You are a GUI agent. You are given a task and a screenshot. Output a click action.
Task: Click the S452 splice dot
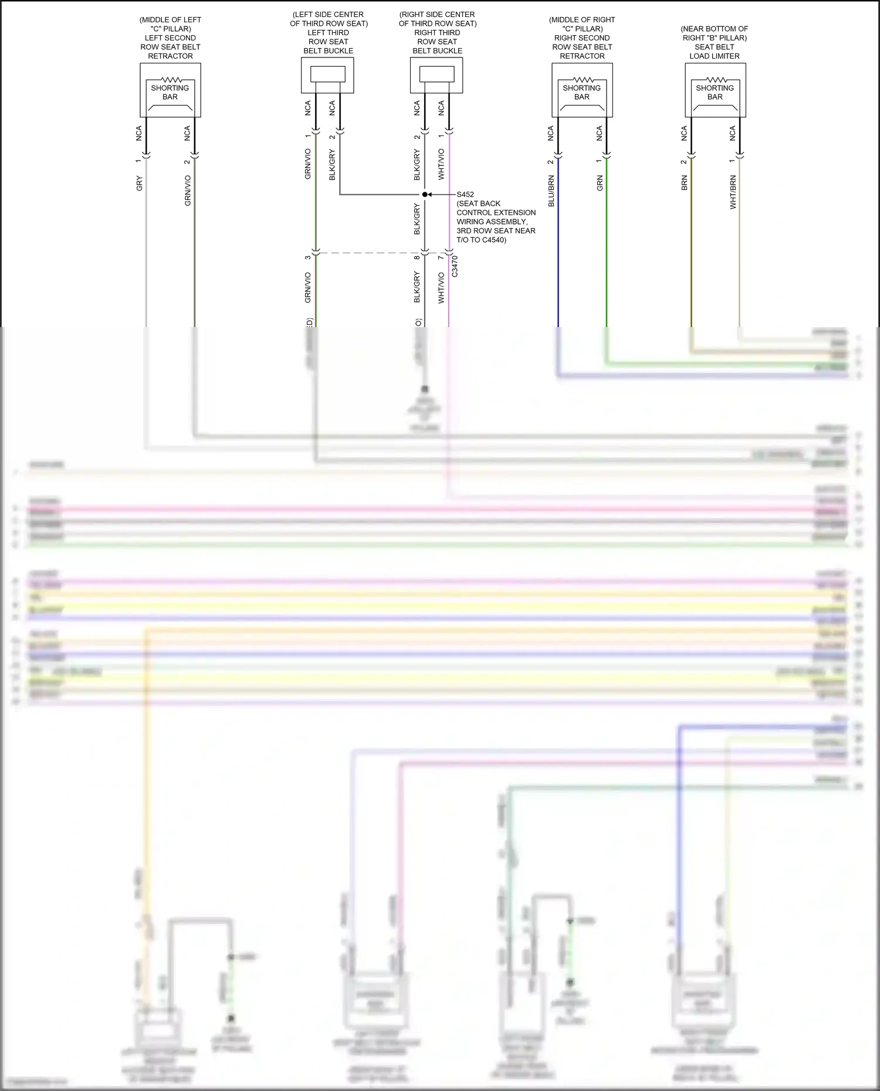coord(425,194)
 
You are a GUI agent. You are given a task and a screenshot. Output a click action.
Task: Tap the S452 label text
coord(465,194)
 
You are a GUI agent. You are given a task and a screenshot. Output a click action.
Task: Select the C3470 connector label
coord(455,267)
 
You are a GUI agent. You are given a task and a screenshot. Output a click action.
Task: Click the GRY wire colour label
coord(139,183)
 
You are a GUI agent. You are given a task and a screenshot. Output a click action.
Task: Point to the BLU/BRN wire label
coord(551,191)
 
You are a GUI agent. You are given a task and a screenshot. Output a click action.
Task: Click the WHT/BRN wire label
coord(733,192)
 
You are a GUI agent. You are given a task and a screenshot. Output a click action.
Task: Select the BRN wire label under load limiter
coord(684,183)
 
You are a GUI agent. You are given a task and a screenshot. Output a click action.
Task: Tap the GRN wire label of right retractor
coord(600,183)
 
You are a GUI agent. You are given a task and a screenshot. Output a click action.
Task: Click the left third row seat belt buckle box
coord(327,75)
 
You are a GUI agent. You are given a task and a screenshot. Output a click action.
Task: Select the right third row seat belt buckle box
coord(436,75)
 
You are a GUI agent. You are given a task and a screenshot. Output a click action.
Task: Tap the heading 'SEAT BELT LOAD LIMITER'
coord(715,52)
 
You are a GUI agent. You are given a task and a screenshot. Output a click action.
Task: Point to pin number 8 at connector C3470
coord(417,257)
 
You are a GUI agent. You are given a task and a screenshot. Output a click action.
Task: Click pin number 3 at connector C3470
coord(307,257)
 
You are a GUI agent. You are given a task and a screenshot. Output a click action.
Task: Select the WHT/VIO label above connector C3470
coord(441,164)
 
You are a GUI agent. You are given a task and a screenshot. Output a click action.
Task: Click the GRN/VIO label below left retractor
coord(188,191)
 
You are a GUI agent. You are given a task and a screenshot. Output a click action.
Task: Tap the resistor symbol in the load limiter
coord(716,80)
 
